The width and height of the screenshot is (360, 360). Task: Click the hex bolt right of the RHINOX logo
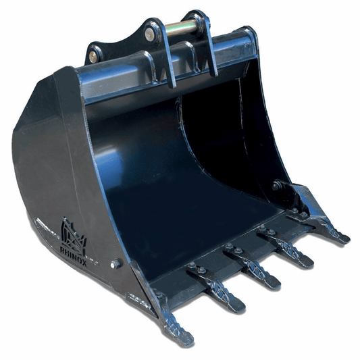(x=115, y=263)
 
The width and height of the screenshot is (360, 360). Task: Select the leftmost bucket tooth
(x=174, y=324)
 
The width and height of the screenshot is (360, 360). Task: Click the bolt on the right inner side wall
(x=276, y=185)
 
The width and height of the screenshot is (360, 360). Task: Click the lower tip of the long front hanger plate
(x=172, y=84)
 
